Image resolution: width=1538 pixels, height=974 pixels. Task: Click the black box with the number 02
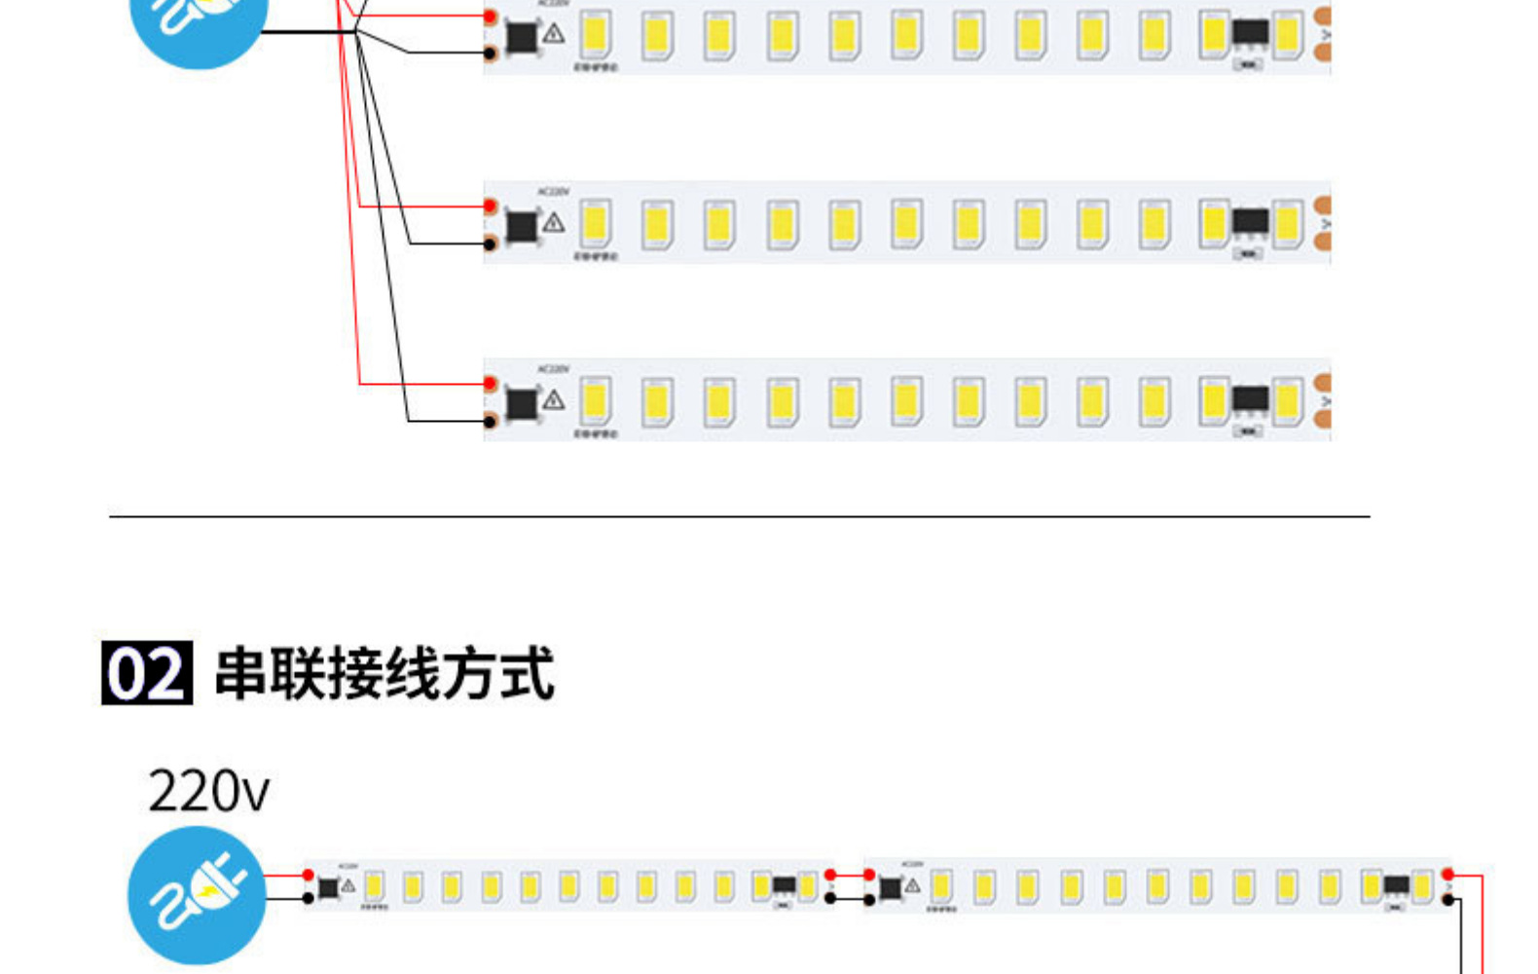146,672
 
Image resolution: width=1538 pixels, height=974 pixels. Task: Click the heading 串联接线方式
384,672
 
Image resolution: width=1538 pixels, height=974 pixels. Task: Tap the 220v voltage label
208,791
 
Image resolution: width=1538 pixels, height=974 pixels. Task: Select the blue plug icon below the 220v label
197,894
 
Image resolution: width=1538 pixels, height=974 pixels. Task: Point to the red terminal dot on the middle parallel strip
491,206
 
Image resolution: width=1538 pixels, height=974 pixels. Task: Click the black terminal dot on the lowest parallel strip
491,421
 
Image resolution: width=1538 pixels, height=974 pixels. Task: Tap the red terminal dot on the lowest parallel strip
491,384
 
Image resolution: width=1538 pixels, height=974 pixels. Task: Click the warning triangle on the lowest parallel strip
554,399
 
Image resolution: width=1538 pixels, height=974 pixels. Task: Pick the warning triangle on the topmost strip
554,34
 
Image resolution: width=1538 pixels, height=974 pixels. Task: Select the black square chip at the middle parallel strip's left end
522,226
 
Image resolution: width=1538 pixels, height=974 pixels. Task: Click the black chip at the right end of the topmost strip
1250,32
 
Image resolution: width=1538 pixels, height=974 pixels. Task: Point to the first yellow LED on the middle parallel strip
595,223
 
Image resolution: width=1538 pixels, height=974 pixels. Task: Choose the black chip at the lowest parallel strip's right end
1250,398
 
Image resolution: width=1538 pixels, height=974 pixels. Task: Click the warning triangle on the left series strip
348,885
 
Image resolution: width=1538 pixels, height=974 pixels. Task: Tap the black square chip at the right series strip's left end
890,888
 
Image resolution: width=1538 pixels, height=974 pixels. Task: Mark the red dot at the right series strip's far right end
1447,875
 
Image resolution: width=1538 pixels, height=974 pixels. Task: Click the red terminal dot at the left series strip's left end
309,876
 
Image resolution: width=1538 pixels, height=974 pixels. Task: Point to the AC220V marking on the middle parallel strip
553,192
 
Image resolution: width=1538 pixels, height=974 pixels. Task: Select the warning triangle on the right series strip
912,885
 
